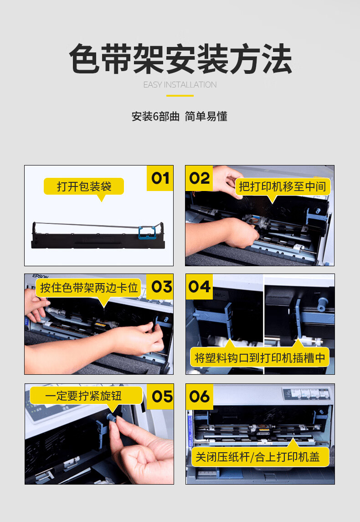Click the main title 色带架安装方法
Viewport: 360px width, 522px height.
point(180,59)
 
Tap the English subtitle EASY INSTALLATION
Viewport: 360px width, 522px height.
point(180,85)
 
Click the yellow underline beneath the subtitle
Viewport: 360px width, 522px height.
point(180,96)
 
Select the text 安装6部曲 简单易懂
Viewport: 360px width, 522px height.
point(180,117)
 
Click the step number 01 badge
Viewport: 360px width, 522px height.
point(160,178)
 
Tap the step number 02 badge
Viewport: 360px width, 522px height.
point(199,178)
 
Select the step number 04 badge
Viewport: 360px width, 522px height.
point(199,287)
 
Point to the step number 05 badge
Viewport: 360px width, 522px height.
point(160,397)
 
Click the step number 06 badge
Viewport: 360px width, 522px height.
point(200,397)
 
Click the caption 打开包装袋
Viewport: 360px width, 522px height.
point(84,186)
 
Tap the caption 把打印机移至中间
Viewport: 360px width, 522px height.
point(283,186)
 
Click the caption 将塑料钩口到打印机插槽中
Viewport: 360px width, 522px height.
point(260,358)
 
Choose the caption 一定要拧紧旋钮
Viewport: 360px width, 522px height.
point(83,396)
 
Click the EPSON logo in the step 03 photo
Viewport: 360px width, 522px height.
point(41,276)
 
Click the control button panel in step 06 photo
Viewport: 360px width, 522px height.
point(307,393)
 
